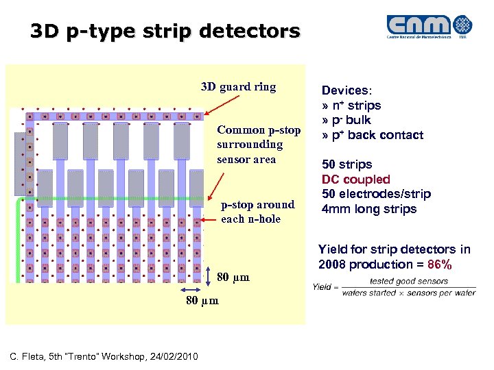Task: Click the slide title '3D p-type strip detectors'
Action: (x=165, y=32)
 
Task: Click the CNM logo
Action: (x=429, y=27)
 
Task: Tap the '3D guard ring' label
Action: (x=238, y=87)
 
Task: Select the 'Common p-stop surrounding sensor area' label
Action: (x=249, y=145)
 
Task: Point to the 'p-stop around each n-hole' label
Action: (x=257, y=212)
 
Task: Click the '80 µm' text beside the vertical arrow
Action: (x=233, y=277)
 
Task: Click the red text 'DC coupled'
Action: (x=356, y=179)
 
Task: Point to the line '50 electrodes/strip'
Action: (x=376, y=194)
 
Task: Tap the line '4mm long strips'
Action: (x=369, y=209)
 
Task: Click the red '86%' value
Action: (x=438, y=264)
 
